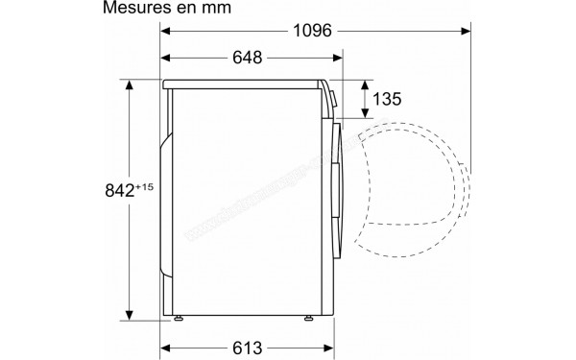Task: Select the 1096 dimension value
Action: coord(312,31)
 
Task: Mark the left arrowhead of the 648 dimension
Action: coord(166,59)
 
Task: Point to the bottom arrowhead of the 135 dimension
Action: coord(365,115)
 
